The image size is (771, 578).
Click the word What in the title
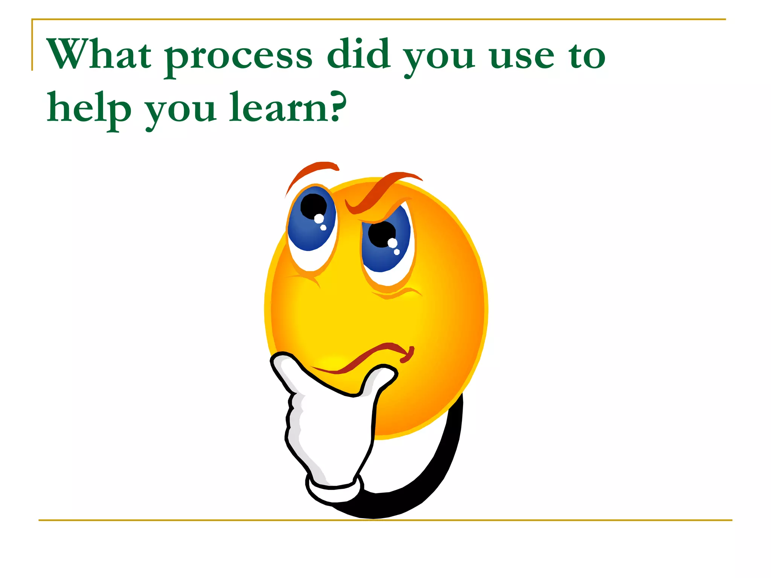click(x=99, y=55)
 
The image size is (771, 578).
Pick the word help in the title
click(x=89, y=108)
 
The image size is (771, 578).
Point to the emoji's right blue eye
click(x=386, y=245)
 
